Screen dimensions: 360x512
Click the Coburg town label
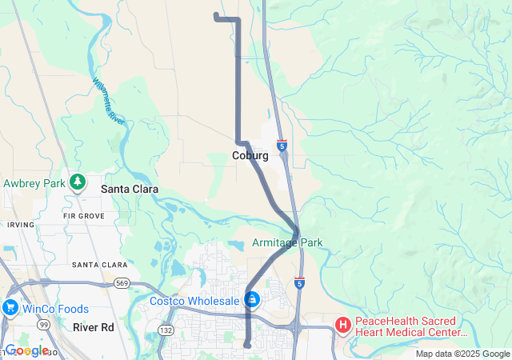pyautogui.click(x=250, y=155)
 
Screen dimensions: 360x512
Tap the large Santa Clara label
pyautogui.click(x=130, y=190)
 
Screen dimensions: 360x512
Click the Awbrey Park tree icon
pyautogui.click(x=78, y=183)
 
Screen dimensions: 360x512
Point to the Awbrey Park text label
pyautogui.click(x=34, y=183)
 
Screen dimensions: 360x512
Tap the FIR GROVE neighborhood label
pyautogui.click(x=83, y=216)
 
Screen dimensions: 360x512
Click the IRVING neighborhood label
pyautogui.click(x=21, y=225)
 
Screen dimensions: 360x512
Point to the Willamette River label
pyautogui.click(x=108, y=100)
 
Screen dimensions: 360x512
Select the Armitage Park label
pyautogui.click(x=287, y=242)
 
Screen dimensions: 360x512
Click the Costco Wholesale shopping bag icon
pyautogui.click(x=252, y=300)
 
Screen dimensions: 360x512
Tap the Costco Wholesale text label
pyautogui.click(x=194, y=301)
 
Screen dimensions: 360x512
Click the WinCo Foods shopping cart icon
pyautogui.click(x=10, y=307)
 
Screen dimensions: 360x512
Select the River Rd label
pyautogui.click(x=94, y=327)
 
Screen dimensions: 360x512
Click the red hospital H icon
pyautogui.click(x=342, y=324)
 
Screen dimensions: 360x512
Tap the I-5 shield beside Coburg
pyautogui.click(x=282, y=146)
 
